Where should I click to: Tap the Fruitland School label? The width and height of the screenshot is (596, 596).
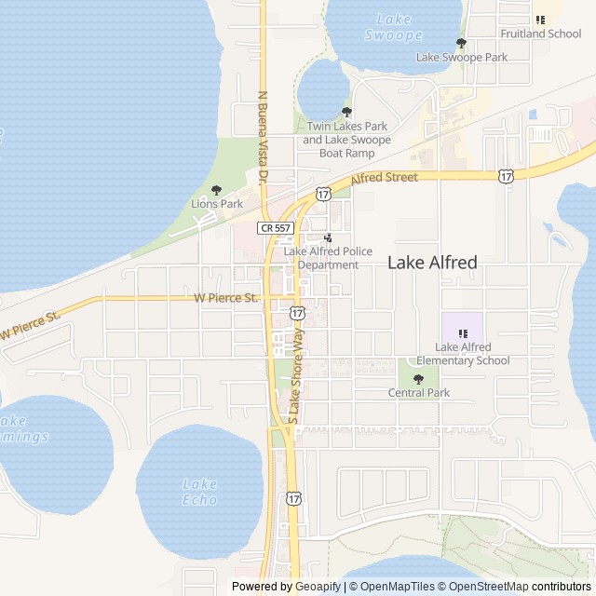pos(540,34)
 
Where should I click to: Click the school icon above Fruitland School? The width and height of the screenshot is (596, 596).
pos(540,19)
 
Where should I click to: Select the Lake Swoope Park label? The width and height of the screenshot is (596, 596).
pos(462,57)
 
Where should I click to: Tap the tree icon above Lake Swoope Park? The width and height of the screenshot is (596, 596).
pos(461,42)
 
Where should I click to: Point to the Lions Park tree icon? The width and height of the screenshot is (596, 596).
pos(217,189)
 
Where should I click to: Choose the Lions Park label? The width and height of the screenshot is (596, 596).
pos(217,203)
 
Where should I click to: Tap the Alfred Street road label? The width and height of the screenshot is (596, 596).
pos(384,177)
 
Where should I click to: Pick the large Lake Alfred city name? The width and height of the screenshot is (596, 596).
pos(432,263)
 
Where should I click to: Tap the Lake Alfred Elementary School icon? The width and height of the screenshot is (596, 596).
pos(463,332)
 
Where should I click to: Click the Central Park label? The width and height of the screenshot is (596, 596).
pos(419,393)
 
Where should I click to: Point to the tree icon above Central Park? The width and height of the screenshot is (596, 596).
pos(418,378)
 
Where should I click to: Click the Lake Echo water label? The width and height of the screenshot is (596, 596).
pos(200,492)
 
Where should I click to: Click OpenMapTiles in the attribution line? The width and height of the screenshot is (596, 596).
pos(396,587)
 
